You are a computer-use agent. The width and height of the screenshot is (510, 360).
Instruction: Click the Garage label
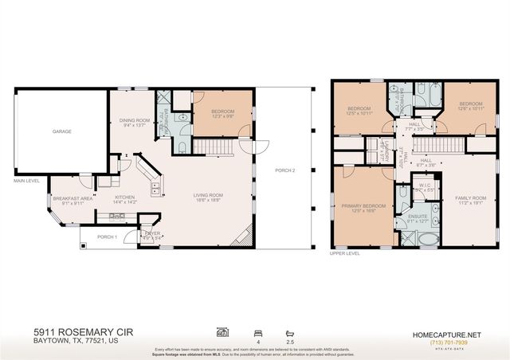click(x=63, y=132)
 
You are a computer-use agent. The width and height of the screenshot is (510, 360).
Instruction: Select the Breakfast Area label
click(x=69, y=200)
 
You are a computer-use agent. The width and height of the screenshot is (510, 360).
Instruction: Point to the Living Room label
click(x=210, y=198)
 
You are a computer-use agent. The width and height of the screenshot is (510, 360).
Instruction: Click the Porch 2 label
click(x=286, y=170)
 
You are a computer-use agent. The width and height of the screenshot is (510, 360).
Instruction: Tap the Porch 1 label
click(x=107, y=237)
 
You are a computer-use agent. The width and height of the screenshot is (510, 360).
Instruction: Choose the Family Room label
click(x=470, y=199)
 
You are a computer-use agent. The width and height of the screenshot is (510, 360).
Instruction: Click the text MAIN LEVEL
click(x=26, y=180)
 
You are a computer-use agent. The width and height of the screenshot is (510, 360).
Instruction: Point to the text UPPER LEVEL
click(x=346, y=254)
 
